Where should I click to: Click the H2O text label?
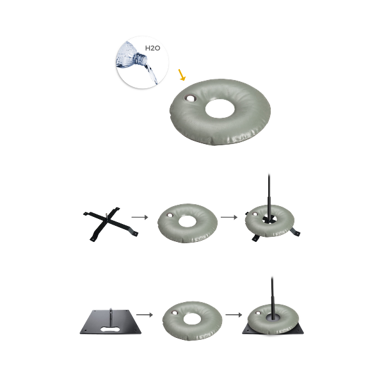(152, 48)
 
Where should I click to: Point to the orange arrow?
(182, 75)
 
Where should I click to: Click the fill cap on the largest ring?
(190, 99)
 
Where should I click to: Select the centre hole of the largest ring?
(220, 109)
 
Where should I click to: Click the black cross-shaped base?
(111, 224)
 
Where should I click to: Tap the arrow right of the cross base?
(140, 217)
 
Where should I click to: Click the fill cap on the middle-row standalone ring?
(170, 215)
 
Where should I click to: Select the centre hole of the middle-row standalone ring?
(188, 221)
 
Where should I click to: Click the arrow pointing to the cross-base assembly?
(229, 217)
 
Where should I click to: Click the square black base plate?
(111, 322)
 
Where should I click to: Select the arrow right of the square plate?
(145, 315)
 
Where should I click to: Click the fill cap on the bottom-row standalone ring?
(175, 313)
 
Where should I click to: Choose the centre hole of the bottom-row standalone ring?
(192, 319)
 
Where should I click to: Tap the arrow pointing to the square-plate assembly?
(234, 315)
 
